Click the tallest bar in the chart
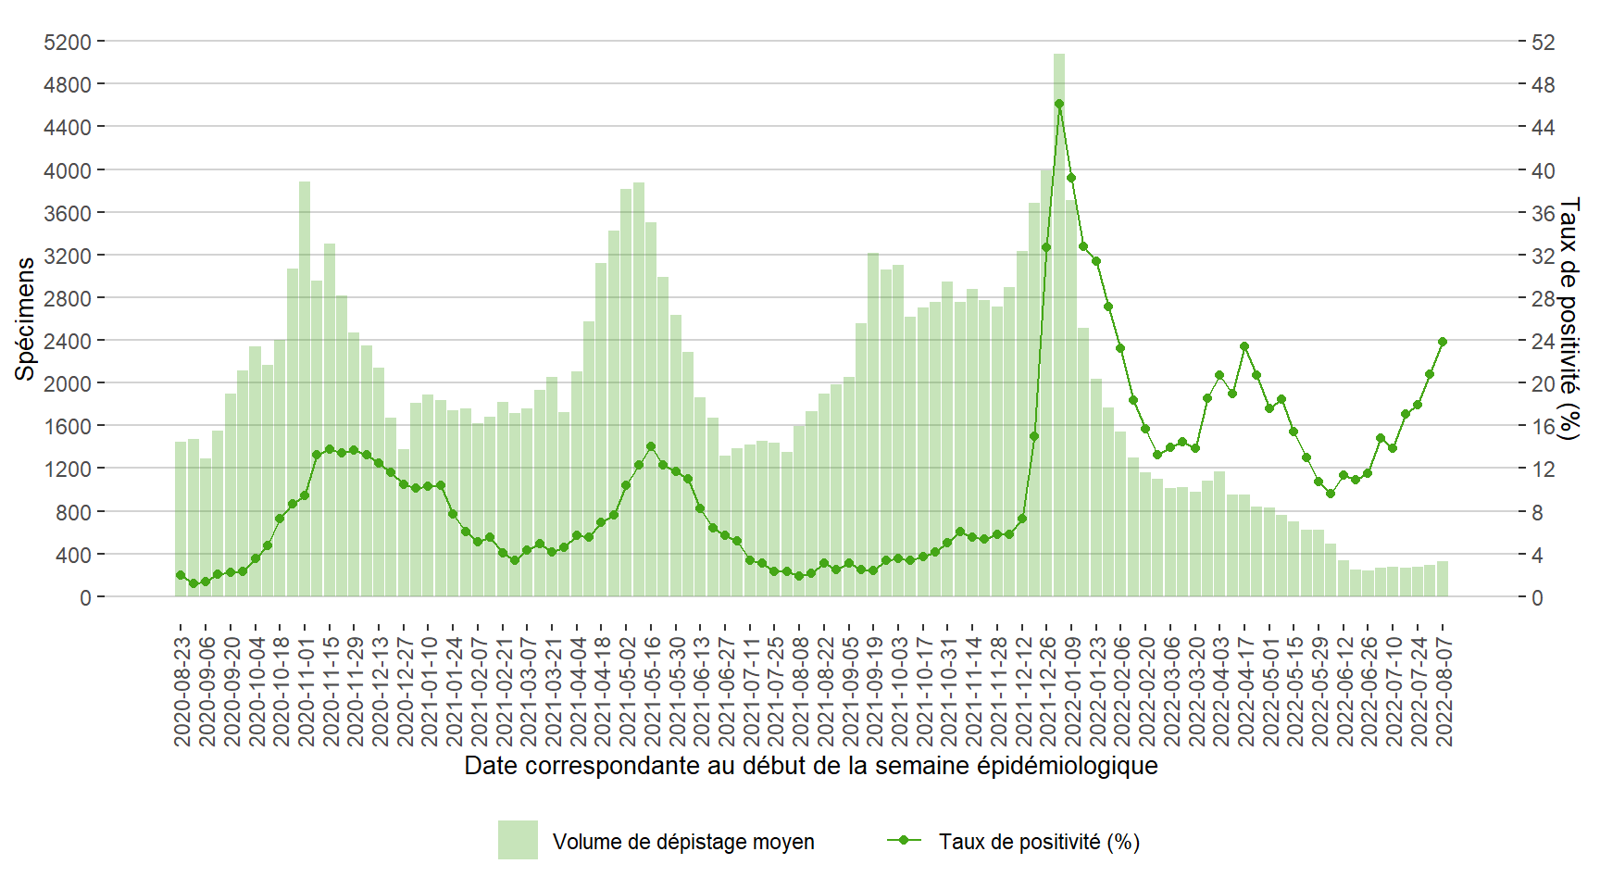(1058, 324)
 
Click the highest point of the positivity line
(1058, 104)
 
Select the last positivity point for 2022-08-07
(1442, 342)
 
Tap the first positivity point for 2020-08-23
(181, 575)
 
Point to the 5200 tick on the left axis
(68, 42)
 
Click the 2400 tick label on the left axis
(68, 341)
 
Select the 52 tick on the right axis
(1543, 42)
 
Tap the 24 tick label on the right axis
(1543, 341)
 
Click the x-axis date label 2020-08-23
(181, 691)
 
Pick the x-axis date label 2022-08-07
(1443, 691)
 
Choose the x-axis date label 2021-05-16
(651, 691)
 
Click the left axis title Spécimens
(25, 319)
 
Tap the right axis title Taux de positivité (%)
(1569, 319)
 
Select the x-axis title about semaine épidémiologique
(810, 766)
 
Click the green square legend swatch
(518, 840)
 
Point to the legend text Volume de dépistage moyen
(683, 842)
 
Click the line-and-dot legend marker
(904, 840)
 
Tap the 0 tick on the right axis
(1537, 597)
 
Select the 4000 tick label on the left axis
(68, 170)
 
